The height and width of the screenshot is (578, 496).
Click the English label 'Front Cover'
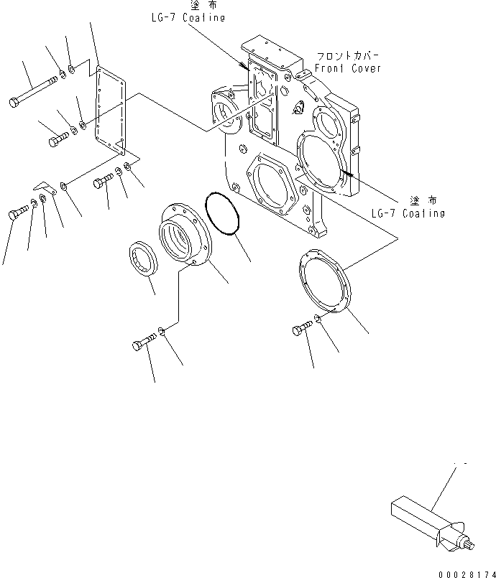pos(348,68)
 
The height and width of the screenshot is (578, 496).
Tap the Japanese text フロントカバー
pos(348,55)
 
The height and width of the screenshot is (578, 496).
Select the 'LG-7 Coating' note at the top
pos(188,18)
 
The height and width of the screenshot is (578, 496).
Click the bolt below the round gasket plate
pos(300,329)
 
